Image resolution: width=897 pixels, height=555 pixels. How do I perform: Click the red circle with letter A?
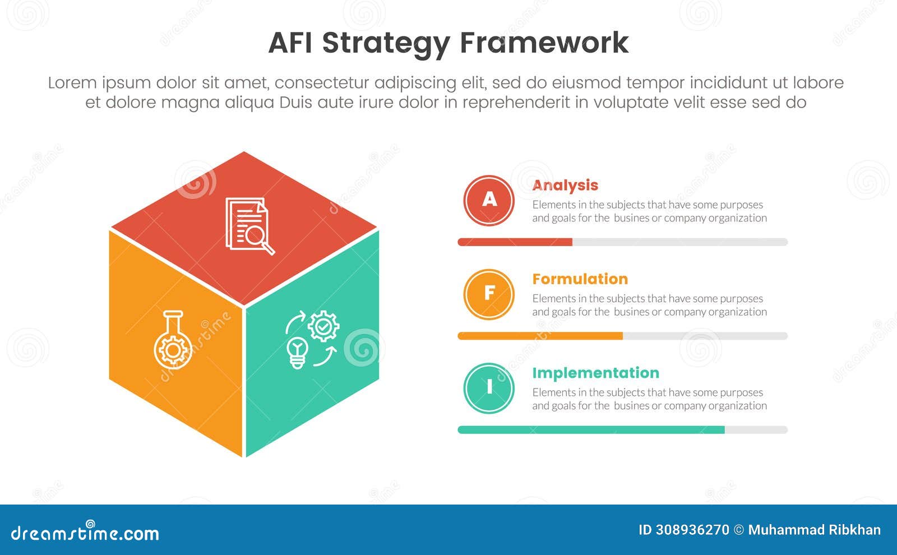[x=489, y=200]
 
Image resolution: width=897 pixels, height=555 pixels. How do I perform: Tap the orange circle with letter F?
[x=489, y=294]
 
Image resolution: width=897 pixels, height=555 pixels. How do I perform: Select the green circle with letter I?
[x=489, y=388]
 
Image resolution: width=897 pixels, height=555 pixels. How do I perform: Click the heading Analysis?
[x=565, y=185]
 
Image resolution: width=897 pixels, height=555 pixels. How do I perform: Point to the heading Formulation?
[x=580, y=279]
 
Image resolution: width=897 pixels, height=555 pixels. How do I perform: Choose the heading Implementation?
[x=595, y=373]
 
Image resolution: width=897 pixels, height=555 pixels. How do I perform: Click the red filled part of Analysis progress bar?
[x=515, y=242]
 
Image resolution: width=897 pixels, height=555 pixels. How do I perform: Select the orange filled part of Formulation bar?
[x=540, y=336]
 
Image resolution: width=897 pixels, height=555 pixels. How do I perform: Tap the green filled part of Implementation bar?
[x=591, y=430]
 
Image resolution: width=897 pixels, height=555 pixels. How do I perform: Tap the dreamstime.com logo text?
[x=85, y=533]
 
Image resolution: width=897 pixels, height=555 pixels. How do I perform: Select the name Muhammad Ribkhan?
[x=814, y=530]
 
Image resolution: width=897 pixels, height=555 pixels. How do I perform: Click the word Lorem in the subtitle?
[x=72, y=83]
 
